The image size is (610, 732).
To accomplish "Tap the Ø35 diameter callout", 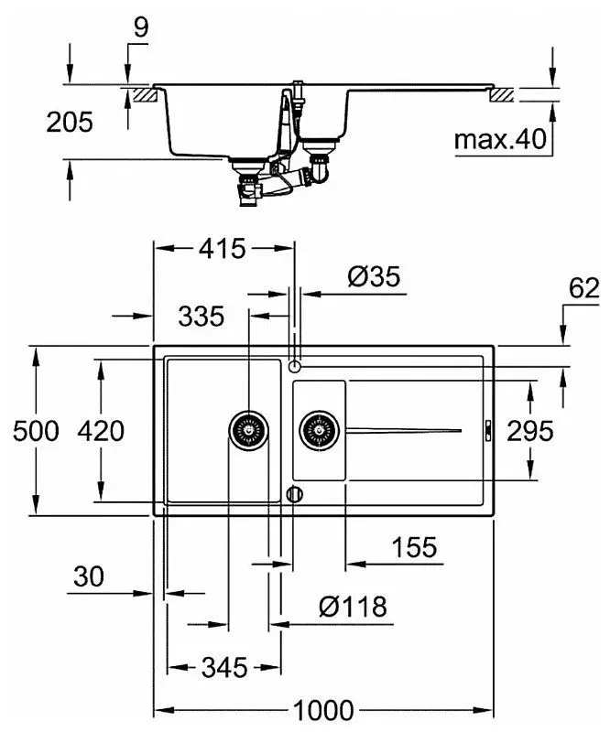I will click(375, 277).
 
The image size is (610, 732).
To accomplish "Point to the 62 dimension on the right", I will click(583, 289).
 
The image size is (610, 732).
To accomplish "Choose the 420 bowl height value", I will click(100, 430).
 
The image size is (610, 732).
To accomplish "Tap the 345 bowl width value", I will click(223, 667).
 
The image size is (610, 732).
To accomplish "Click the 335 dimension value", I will click(201, 317).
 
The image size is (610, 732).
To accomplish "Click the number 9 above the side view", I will click(139, 27).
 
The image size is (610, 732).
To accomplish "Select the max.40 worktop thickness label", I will click(499, 140).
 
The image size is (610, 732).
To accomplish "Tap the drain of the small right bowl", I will click(319, 427).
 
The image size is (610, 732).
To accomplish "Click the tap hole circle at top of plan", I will click(294, 366).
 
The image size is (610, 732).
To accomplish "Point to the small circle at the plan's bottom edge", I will click(294, 494).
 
